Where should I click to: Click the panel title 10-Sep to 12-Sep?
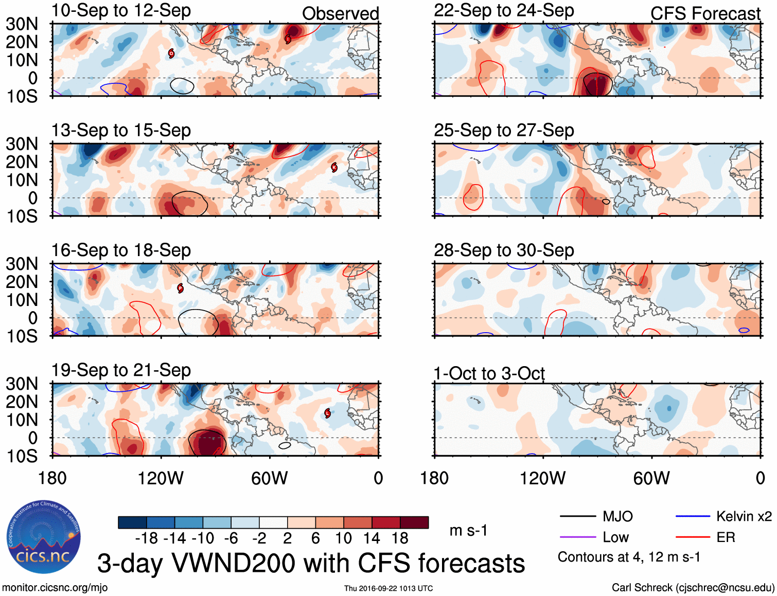[x=121, y=10]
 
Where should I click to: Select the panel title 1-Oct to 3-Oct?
[x=489, y=373]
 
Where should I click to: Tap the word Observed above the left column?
[x=340, y=13]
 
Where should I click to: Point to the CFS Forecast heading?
[x=705, y=13]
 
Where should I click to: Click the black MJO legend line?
[x=577, y=516]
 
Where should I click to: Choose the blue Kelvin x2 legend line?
[x=693, y=516]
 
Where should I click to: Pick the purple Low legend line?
[x=577, y=537]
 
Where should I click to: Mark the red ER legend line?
[x=693, y=537]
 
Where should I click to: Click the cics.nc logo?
[x=44, y=537]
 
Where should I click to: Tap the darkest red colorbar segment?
[x=414, y=522]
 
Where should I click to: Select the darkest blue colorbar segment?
[x=132, y=522]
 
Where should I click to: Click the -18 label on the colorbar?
[x=147, y=538]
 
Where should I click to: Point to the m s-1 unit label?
[x=468, y=530]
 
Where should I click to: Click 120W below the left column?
[x=161, y=478]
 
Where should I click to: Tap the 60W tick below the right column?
[x=651, y=478]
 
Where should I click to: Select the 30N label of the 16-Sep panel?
[x=22, y=264]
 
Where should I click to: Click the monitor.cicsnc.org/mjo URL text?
[x=55, y=587]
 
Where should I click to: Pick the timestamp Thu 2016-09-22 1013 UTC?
[x=388, y=588]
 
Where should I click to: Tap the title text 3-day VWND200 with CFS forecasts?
[x=311, y=563]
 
